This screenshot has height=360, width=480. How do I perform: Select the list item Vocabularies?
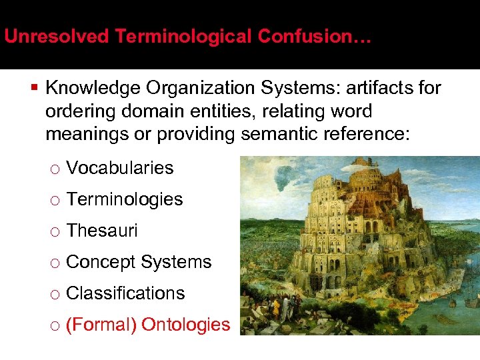120,168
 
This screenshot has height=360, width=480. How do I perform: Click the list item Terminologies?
125,199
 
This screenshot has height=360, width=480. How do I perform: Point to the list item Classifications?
125,293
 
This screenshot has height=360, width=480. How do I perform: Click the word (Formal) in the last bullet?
101,325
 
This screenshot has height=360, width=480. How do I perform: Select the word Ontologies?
186,325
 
